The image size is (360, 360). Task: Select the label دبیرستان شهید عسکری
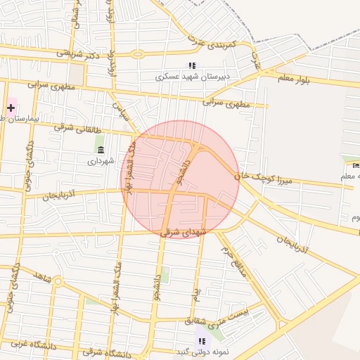(x=192, y=77)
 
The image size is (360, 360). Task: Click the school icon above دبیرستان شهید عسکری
(x=192, y=66)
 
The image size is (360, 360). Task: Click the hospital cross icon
(x=11, y=108)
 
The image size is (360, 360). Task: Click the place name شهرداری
(x=100, y=161)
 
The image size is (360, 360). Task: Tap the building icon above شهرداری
(x=100, y=150)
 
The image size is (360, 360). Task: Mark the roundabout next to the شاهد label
(x=58, y=283)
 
